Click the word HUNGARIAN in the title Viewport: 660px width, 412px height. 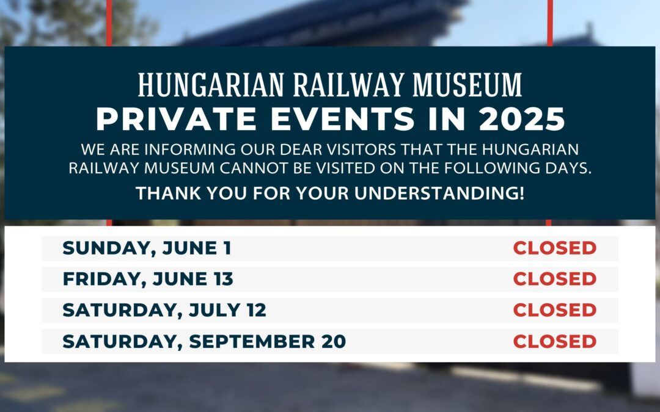(x=211, y=85)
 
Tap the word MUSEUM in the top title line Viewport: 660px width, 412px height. (x=468, y=85)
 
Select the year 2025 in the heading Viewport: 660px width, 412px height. (x=522, y=119)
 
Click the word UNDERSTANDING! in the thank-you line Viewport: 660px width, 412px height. (x=439, y=193)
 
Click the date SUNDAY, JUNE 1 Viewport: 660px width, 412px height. (x=147, y=248)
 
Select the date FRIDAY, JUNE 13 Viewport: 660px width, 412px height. (x=148, y=279)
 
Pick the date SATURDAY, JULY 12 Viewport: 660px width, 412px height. (x=164, y=310)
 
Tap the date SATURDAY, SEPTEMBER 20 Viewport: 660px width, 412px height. (x=204, y=341)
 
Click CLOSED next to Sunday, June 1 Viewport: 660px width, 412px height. (x=555, y=248)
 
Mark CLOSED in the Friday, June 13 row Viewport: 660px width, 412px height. (x=555, y=279)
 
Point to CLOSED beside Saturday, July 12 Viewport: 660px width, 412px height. (x=555, y=310)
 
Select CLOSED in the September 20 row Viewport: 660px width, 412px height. (x=555, y=341)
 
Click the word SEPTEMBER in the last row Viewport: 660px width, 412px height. (x=252, y=341)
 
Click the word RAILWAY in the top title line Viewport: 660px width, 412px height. (x=348, y=85)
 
